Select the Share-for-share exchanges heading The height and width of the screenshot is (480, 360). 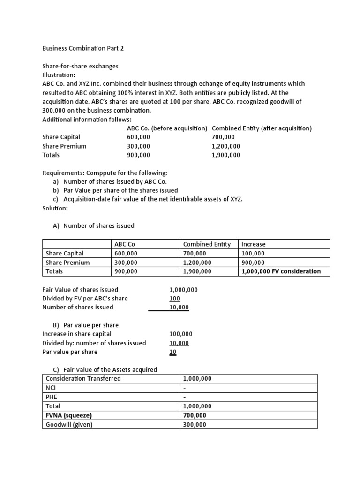click(80, 66)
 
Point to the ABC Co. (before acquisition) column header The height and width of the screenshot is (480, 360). click(167, 128)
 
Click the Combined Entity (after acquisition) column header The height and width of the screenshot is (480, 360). click(262, 128)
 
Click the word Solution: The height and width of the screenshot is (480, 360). click(55, 208)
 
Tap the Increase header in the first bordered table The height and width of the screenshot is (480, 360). click(253, 244)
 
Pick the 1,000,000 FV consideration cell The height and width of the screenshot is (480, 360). click(281, 271)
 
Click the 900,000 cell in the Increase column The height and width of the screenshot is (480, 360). click(253, 262)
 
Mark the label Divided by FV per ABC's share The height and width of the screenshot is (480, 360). click(85, 299)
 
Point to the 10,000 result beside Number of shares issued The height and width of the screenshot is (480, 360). click(179, 307)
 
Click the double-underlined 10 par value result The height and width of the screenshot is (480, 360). click(172, 352)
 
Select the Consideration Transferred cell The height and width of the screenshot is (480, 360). click(83, 378)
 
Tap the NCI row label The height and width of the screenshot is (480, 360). click(51, 388)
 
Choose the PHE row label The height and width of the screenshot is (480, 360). click(51, 397)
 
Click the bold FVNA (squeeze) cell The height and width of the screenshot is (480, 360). click(69, 415)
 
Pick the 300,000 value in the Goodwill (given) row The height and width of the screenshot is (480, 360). click(197, 425)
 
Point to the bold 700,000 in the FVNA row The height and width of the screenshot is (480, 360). click(197, 415)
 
